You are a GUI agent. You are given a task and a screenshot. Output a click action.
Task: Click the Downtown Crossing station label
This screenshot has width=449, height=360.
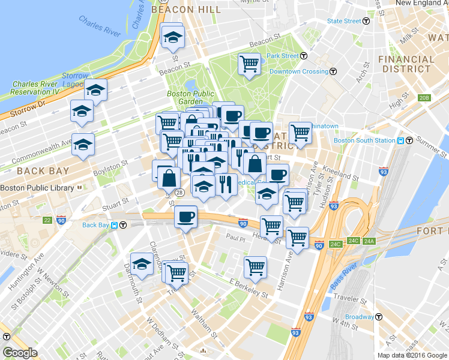298,71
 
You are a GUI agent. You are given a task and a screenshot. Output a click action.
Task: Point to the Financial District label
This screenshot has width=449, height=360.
406,64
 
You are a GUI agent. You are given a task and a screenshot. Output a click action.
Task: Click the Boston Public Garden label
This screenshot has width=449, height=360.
190,97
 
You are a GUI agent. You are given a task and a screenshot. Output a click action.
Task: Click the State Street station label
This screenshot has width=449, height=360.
344,21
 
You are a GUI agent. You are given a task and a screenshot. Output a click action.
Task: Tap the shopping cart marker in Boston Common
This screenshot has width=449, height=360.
249,64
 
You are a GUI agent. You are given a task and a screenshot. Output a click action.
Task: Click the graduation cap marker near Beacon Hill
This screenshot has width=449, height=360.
173,37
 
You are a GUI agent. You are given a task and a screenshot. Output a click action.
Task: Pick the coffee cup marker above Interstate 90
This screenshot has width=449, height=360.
186,215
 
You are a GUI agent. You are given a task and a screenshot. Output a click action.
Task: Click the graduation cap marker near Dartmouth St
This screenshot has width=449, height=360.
142,265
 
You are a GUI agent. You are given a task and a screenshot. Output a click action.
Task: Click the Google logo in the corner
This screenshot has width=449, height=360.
20,353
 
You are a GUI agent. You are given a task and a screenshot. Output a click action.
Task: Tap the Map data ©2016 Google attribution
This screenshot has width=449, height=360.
411,355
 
